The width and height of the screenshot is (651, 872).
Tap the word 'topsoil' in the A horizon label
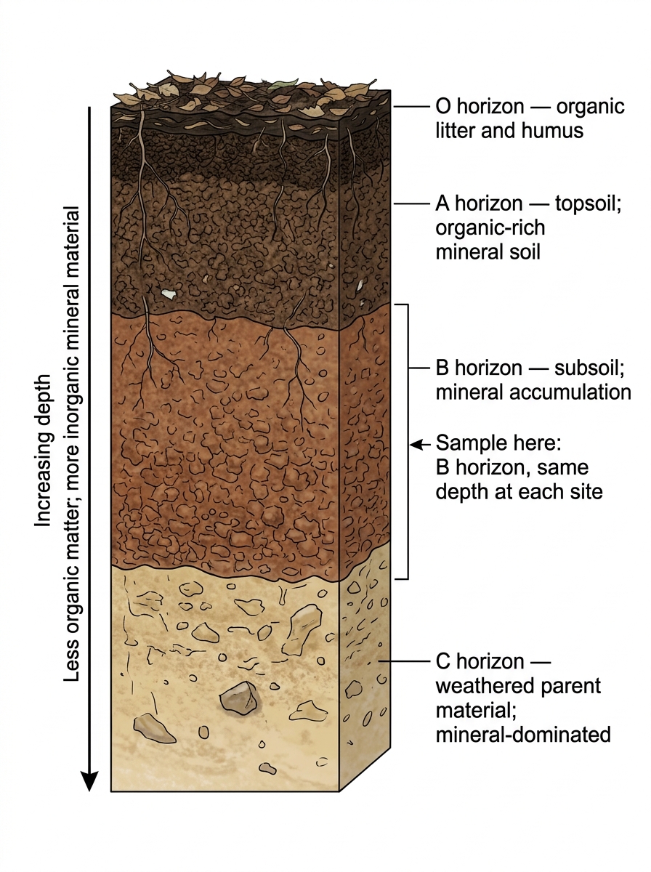[x=586, y=203]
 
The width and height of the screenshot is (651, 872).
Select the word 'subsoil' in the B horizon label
[x=586, y=368]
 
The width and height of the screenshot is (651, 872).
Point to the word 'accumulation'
[x=570, y=392]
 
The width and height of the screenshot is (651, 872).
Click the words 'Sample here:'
[x=498, y=443]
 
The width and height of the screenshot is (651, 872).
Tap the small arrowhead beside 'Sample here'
[x=415, y=444]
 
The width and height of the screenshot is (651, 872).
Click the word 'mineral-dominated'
[x=523, y=735]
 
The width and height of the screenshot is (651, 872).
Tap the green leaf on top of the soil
[x=283, y=84]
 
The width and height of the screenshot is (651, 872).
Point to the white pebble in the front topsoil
[x=169, y=294]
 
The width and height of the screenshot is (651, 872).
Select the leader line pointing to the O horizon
[x=412, y=107]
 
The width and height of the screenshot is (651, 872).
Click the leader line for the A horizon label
[x=412, y=203]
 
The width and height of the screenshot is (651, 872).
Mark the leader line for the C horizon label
[x=405, y=661]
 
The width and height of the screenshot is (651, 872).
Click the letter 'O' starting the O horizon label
[x=443, y=106]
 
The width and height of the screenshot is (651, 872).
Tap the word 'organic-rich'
[x=490, y=228]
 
